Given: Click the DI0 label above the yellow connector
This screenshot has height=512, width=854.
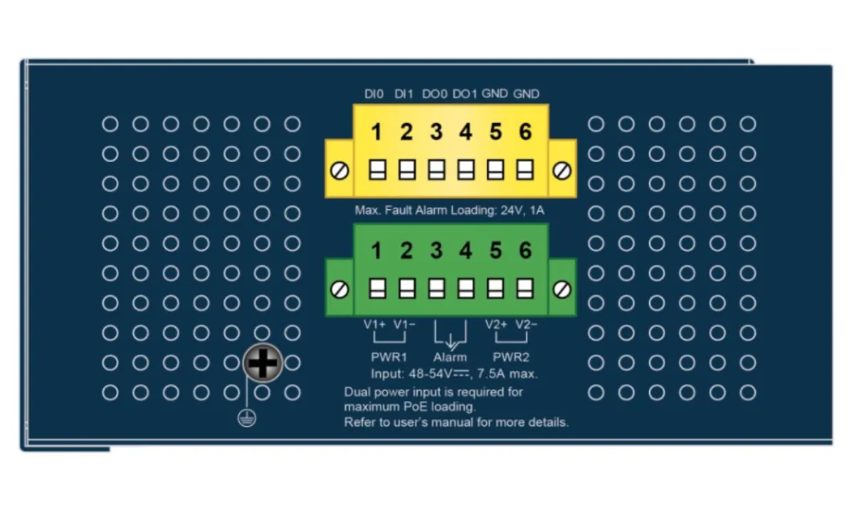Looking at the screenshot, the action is [x=374, y=94].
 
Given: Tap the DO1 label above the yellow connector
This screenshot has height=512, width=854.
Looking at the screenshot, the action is [x=464, y=94].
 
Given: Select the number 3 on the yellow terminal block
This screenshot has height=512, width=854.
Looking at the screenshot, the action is [x=436, y=132].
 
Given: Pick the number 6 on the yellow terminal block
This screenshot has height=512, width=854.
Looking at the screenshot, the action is [x=525, y=132].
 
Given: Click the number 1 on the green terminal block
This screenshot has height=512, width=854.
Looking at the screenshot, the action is [x=376, y=251].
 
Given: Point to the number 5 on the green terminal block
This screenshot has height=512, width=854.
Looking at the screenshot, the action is [x=495, y=251].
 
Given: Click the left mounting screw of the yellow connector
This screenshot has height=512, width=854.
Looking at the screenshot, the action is [x=339, y=171].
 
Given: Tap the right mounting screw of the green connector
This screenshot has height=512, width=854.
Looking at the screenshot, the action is [x=562, y=290].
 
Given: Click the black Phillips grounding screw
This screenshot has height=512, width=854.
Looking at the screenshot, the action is [x=263, y=363].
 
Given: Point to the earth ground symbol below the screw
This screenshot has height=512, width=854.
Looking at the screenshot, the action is [x=247, y=418].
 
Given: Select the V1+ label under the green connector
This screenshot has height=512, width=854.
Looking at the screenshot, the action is [x=374, y=324].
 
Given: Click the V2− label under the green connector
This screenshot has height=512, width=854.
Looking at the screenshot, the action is [x=526, y=324].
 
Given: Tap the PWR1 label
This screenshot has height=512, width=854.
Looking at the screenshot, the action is [x=389, y=357].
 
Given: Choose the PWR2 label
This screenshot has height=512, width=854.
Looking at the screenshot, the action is [x=511, y=357].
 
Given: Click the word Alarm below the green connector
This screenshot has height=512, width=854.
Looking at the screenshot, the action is [x=450, y=357].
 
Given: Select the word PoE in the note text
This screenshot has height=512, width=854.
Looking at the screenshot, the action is [x=416, y=407].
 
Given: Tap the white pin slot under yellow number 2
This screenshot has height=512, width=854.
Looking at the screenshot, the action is [x=407, y=169].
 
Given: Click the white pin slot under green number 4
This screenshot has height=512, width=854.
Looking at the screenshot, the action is [x=466, y=289].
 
